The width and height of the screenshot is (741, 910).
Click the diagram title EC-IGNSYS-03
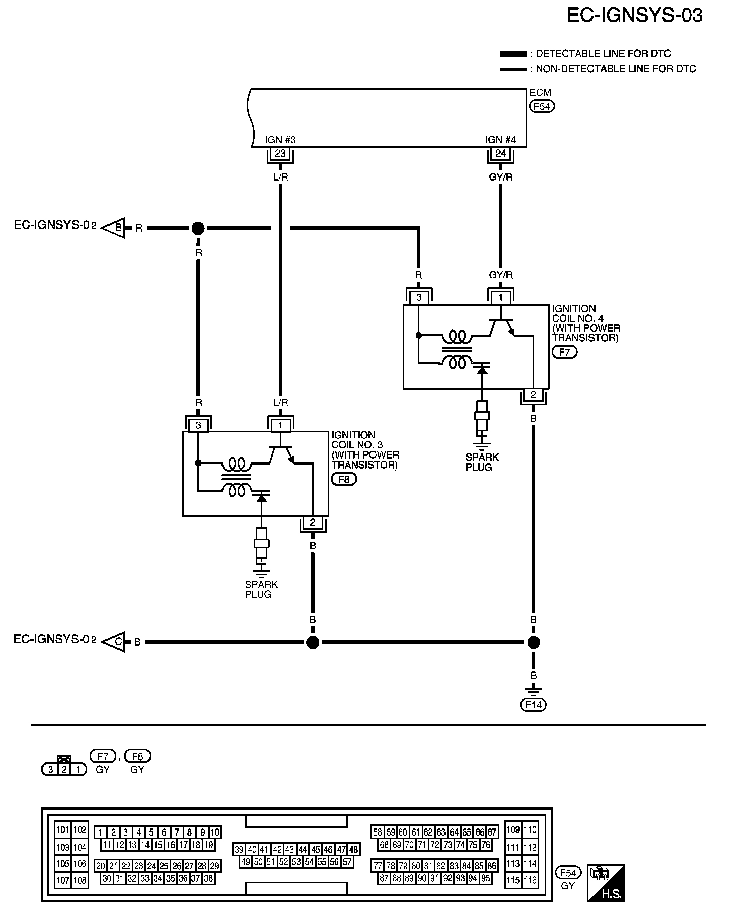click(635, 16)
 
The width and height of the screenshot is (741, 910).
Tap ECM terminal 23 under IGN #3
click(280, 154)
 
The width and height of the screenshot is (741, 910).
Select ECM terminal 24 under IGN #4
click(500, 154)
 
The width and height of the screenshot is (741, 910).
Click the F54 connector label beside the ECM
click(542, 107)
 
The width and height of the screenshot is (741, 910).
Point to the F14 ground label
click(533, 705)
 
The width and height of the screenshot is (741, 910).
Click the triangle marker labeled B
click(114, 228)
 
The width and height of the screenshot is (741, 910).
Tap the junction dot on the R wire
click(198, 229)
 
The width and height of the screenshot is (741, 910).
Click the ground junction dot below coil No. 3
click(313, 642)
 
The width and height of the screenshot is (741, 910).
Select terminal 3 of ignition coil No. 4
click(419, 297)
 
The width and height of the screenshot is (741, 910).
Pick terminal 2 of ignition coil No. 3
click(313, 522)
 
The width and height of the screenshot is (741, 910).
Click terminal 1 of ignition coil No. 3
click(281, 425)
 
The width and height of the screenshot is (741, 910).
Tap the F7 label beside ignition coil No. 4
click(565, 352)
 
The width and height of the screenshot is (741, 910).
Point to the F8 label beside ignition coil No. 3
click(344, 479)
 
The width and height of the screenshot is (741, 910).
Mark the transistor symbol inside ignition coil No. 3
click(281, 454)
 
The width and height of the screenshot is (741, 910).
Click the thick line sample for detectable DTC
click(513, 54)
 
